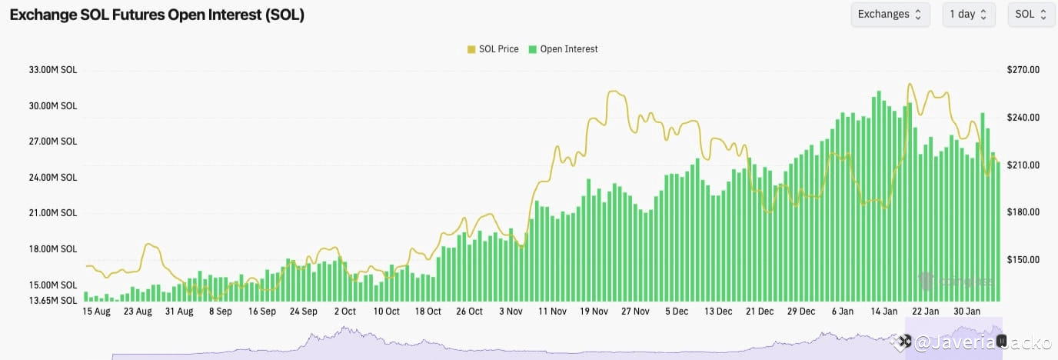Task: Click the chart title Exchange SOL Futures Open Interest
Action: pyautogui.click(x=157, y=15)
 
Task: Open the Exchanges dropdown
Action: pyautogui.click(x=890, y=15)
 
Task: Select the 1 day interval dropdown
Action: pyautogui.click(x=968, y=15)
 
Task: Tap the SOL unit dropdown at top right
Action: pyautogui.click(x=1031, y=15)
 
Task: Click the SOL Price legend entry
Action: pyautogui.click(x=493, y=49)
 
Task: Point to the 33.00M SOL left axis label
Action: pyautogui.click(x=53, y=70)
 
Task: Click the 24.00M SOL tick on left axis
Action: pyautogui.click(x=53, y=178)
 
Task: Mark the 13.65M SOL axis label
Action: pyautogui.click(x=53, y=300)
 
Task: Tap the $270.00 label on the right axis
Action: pyautogui.click(x=1023, y=70)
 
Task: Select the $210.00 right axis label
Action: pyautogui.click(x=1023, y=165)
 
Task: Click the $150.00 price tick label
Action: pyautogui.click(x=1023, y=260)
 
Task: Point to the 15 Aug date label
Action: pyautogui.click(x=96, y=312)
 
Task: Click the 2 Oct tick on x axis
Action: pyautogui.click(x=344, y=312)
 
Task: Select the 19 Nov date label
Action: pyautogui.click(x=594, y=312)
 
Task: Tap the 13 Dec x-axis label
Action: pyautogui.click(x=718, y=312)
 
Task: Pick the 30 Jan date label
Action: pyautogui.click(x=967, y=312)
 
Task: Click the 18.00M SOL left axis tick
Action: pyautogui.click(x=53, y=249)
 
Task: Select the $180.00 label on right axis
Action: pyautogui.click(x=1023, y=212)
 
